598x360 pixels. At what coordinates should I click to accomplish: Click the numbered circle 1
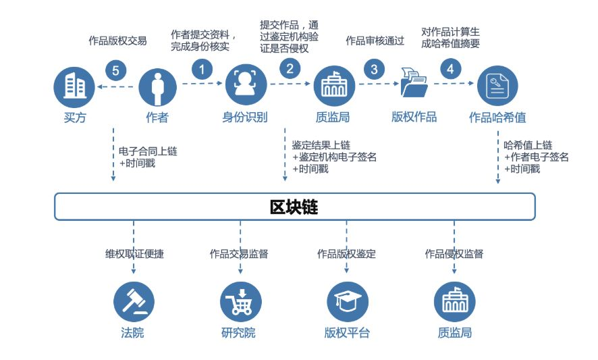(202, 70)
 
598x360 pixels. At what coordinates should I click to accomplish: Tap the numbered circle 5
(115, 71)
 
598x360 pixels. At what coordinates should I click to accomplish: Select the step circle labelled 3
(374, 69)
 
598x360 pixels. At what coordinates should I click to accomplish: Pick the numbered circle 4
(451, 69)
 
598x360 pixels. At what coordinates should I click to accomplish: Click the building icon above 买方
(74, 87)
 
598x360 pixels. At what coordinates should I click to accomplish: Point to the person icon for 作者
(157, 87)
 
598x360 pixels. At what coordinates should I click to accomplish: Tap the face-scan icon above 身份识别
(246, 84)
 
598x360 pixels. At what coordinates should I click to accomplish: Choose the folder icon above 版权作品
(414, 82)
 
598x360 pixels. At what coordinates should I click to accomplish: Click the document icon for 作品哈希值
(497, 86)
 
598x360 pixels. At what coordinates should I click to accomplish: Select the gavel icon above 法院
(134, 303)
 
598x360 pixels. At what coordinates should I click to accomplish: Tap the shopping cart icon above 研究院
(241, 303)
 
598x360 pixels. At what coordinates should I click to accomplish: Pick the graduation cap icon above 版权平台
(348, 303)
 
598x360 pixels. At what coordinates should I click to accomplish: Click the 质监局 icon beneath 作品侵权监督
(455, 303)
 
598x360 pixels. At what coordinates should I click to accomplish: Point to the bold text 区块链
(294, 207)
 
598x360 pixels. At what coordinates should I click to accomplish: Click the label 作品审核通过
(375, 41)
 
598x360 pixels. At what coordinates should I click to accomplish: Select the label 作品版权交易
(117, 41)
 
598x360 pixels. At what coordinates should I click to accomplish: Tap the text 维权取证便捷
(134, 254)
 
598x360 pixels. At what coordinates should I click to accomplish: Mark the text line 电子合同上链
(148, 151)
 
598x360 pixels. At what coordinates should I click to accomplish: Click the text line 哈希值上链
(528, 145)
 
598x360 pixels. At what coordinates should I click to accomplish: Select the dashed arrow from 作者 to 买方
(116, 86)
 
